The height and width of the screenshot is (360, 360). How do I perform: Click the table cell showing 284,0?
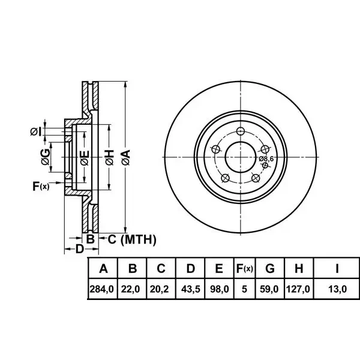point(102,289)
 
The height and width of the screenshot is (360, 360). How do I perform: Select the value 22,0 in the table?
point(130,289)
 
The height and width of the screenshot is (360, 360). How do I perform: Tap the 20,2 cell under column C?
point(160,289)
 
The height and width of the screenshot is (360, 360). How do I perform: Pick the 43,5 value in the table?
point(190,289)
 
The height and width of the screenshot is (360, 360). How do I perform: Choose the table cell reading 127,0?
point(298,289)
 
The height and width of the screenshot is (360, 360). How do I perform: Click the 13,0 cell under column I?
point(337,289)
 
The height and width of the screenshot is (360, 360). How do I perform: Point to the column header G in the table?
point(270,268)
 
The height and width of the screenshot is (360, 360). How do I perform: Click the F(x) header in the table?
point(244,268)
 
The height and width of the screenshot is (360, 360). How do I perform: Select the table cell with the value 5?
point(244,289)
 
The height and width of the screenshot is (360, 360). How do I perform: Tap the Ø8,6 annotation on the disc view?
point(266,158)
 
